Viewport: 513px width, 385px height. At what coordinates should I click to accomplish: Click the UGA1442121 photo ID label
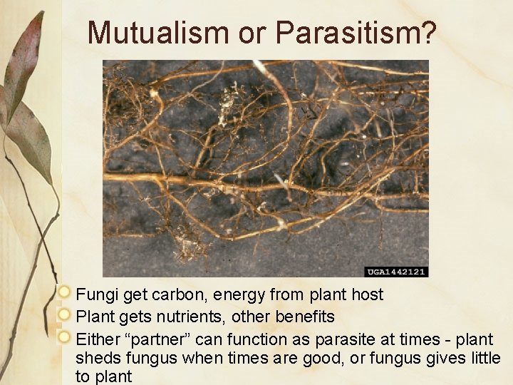[397, 272]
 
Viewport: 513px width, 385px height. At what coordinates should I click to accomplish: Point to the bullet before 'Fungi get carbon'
[66, 293]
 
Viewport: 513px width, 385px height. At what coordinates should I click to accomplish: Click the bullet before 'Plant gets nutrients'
[66, 314]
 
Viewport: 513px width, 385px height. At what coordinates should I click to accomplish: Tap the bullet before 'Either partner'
[66, 336]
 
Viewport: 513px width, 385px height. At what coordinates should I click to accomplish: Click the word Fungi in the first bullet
[93, 294]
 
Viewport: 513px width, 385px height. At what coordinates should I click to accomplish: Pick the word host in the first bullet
[368, 294]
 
